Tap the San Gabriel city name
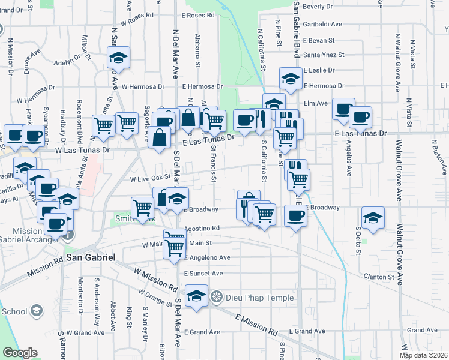point(90,257)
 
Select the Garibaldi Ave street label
point(322,24)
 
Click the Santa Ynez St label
point(324,55)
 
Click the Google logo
point(20,353)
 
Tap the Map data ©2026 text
point(424,355)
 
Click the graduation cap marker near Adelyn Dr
point(119,58)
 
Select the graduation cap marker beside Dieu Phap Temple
point(196,295)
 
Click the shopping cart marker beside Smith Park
point(143,208)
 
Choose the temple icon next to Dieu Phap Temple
point(216,297)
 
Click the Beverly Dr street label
point(318,6)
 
